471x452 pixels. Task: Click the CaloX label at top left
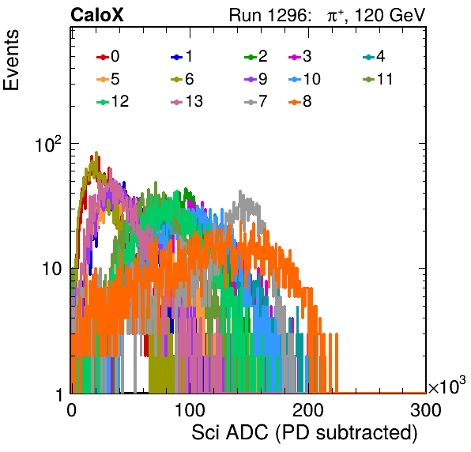[x=96, y=15]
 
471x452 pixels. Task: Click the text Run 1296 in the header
[x=269, y=15]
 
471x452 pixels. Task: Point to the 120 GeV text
[x=390, y=15]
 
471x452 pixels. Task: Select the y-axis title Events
[x=11, y=60]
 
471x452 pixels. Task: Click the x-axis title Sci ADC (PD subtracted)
[x=304, y=433]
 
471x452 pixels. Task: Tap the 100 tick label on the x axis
[x=190, y=410]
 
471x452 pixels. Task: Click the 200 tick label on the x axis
[x=308, y=410]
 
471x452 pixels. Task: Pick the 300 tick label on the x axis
[x=426, y=410]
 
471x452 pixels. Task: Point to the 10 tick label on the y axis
[x=52, y=269]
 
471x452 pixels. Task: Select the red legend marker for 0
[x=103, y=57]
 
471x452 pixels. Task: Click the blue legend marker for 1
[x=177, y=57]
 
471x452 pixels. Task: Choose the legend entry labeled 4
[x=374, y=56]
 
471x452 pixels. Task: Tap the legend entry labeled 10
[x=304, y=79]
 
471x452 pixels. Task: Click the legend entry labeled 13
[x=187, y=102]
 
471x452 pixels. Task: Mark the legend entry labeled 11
[x=378, y=79]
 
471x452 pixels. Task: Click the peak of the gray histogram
[x=240, y=190]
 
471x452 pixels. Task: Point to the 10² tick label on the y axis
[x=48, y=144]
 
